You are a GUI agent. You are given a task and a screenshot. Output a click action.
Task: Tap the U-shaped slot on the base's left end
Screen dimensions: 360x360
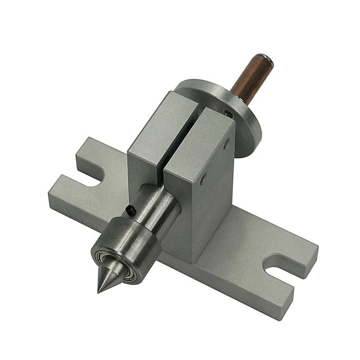pos(97,178)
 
